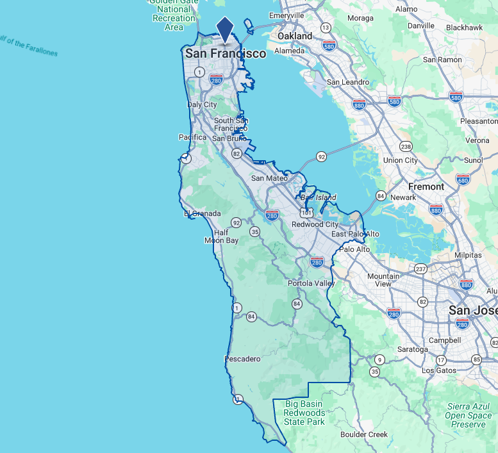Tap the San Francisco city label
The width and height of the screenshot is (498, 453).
[x=226, y=54]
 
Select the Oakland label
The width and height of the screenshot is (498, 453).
[x=295, y=37]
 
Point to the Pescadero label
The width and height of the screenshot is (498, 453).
[x=243, y=359]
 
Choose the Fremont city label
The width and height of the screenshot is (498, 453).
[x=426, y=186]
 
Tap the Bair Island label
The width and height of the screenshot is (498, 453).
[x=319, y=197]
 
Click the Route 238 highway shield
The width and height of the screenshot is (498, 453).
[x=406, y=146]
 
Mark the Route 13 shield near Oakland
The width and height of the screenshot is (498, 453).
[x=326, y=28]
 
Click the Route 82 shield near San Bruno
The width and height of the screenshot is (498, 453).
[x=237, y=154]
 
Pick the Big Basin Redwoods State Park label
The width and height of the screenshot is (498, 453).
[x=305, y=413]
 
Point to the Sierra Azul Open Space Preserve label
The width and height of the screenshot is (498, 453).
[x=468, y=415]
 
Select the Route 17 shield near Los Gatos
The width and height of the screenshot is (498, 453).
[x=441, y=360]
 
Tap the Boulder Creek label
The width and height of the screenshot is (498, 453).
[x=364, y=434]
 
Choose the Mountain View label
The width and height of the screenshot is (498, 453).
[x=383, y=280]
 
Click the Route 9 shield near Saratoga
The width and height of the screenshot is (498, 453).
[x=379, y=359]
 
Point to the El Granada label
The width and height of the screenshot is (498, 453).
[x=203, y=213]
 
